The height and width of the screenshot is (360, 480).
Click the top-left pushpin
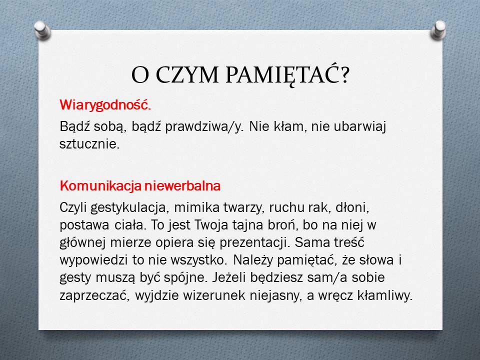(x=42, y=30)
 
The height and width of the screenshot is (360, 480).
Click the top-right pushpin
(x=438, y=29)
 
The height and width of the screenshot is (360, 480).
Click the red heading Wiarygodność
(x=105, y=105)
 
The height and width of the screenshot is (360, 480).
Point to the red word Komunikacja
(x=100, y=186)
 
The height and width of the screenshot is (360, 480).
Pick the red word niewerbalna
(x=182, y=186)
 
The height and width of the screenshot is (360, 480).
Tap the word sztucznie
(x=89, y=143)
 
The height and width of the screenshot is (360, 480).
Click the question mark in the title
(x=345, y=75)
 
